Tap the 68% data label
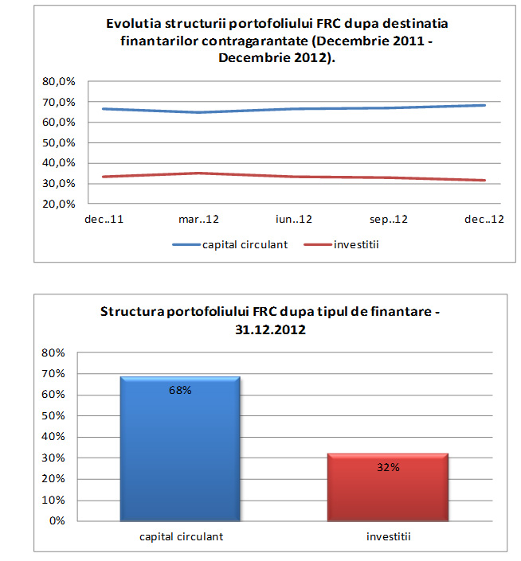180,390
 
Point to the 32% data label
388,467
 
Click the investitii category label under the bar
388,536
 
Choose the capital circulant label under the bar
180,536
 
